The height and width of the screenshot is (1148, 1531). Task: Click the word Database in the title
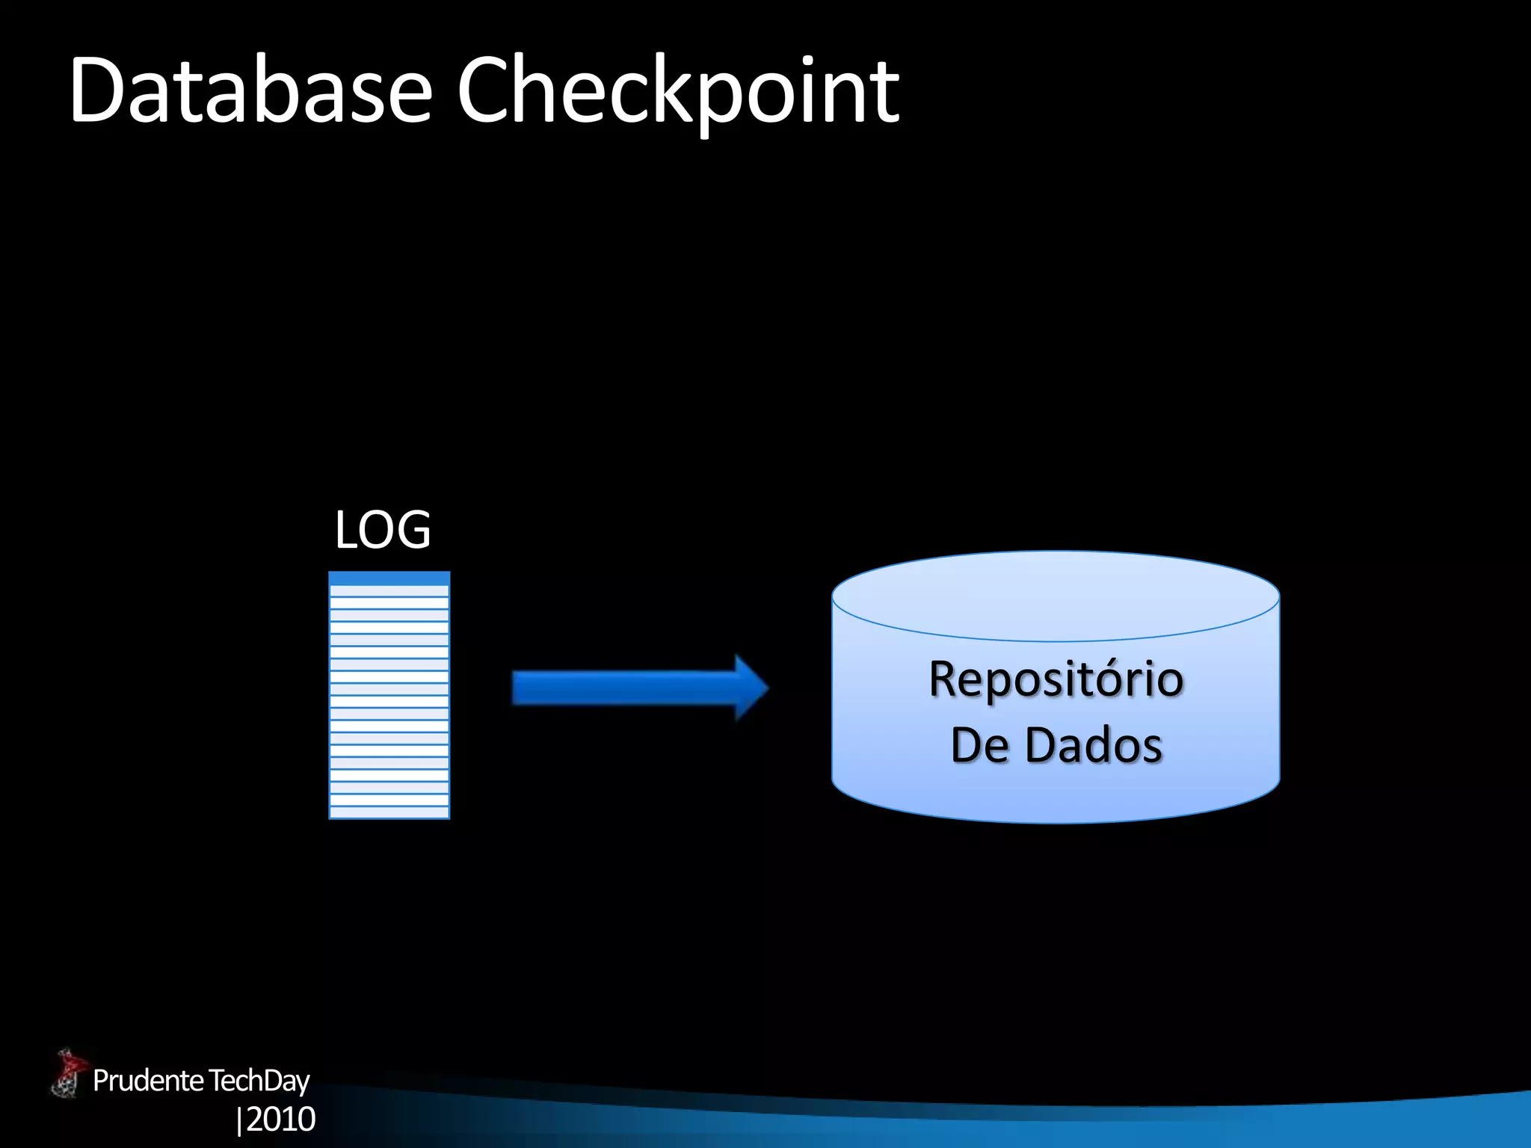point(250,91)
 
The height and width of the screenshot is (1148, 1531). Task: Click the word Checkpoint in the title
point(677,91)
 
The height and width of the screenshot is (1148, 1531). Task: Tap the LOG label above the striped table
point(383,529)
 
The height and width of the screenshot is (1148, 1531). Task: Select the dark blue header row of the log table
point(389,578)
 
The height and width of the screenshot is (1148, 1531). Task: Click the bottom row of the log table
point(389,812)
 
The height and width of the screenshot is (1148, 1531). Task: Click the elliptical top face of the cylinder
point(1056,596)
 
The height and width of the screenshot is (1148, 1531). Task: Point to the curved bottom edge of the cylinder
point(1056,821)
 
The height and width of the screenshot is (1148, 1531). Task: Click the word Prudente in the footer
point(148,1081)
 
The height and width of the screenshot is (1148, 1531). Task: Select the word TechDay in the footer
point(259,1081)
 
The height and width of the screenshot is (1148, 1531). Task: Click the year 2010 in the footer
point(281,1119)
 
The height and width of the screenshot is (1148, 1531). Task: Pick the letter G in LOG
point(413,529)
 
